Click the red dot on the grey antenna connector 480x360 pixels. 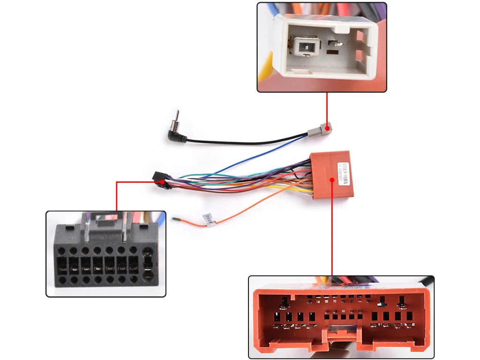(327, 127)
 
